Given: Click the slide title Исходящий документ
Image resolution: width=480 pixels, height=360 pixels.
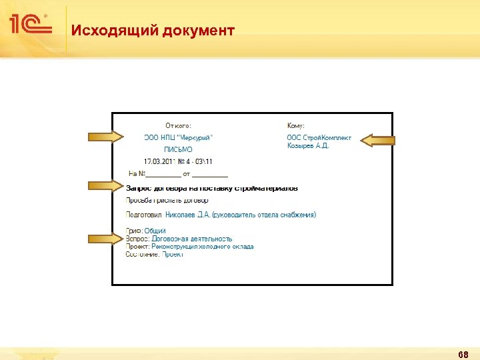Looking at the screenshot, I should tap(153, 31).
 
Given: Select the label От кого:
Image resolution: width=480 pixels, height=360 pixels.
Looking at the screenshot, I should tap(179, 125).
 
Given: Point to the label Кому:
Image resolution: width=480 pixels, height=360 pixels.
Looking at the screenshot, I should tap(296, 125).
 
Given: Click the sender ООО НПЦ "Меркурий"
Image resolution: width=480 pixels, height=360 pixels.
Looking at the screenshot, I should tap(179, 137).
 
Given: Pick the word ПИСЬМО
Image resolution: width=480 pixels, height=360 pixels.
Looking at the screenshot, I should tap(178, 149).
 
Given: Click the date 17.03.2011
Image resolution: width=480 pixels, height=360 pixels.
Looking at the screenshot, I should tap(159, 161).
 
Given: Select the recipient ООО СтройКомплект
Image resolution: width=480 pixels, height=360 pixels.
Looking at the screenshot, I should tap(313, 137).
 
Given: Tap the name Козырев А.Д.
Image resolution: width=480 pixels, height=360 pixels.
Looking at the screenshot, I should tap(308, 145).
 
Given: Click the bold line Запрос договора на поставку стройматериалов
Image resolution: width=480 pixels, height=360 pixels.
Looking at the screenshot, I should tap(212, 189).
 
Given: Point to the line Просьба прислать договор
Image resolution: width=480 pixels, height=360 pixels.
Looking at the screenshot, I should tap(167, 200).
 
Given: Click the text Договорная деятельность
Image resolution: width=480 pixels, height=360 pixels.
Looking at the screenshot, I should tap(192, 239).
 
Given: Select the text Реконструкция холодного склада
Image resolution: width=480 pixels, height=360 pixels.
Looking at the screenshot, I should tap(203, 247).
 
